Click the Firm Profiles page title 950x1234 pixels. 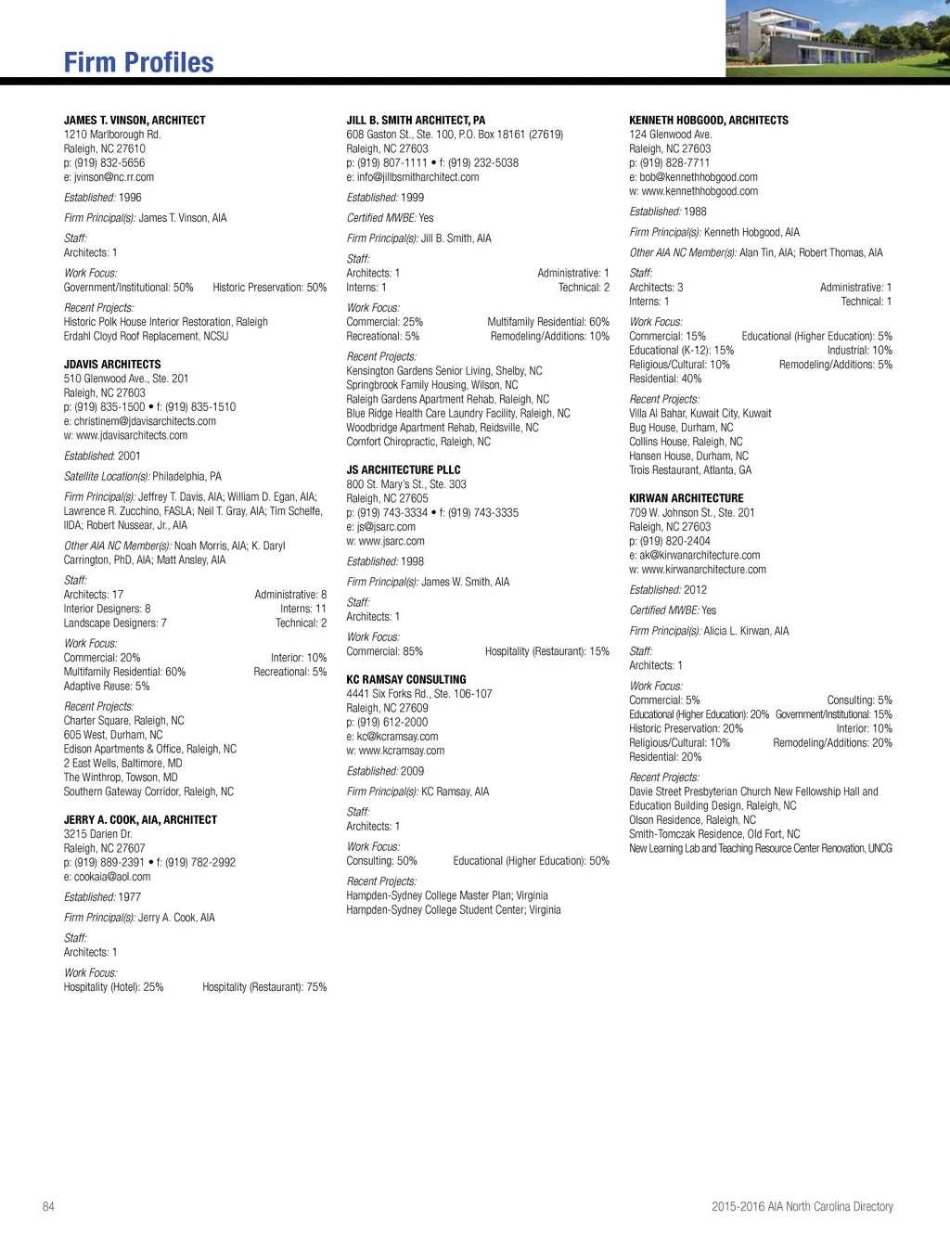coord(138,62)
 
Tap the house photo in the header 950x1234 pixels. coord(837,38)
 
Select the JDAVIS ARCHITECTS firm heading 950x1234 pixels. coord(112,365)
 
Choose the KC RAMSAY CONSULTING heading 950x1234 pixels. coord(406,679)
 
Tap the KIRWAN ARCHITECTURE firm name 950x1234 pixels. coord(687,498)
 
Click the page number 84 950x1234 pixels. coord(48,1206)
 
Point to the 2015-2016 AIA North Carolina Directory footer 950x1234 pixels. coord(802,1206)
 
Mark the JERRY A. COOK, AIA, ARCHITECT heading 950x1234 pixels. coord(140,819)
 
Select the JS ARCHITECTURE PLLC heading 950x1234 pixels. coord(404,469)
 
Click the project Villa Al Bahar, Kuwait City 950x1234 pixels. coord(700,413)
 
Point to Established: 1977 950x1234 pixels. coord(103,897)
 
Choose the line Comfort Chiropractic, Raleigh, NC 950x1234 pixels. coord(418,442)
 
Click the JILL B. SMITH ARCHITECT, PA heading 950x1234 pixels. coord(416,120)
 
